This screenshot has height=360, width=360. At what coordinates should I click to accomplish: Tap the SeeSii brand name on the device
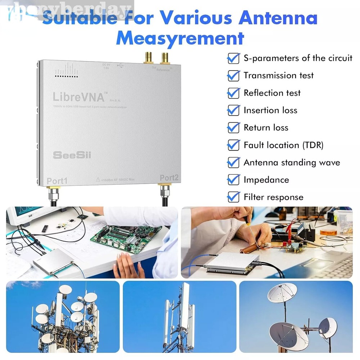72,155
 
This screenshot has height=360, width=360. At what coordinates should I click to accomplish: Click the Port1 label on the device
57,181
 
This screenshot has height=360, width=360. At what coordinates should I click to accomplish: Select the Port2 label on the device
169,178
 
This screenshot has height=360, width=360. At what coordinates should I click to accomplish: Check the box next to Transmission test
234,76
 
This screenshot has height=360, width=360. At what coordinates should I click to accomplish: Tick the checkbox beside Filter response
234,197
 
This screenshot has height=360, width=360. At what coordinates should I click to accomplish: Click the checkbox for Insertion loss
234,110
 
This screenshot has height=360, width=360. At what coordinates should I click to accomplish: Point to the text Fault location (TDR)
283,145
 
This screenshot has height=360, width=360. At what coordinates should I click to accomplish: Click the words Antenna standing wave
292,162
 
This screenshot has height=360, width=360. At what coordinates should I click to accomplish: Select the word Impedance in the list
266,180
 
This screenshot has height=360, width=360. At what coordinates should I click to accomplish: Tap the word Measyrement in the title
180,38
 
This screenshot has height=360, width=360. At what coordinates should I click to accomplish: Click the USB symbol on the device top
120,66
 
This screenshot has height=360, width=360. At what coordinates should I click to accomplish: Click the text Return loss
266,128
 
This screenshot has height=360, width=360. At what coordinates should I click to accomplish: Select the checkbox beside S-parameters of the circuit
234,58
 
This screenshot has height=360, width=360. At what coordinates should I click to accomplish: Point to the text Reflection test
272,93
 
